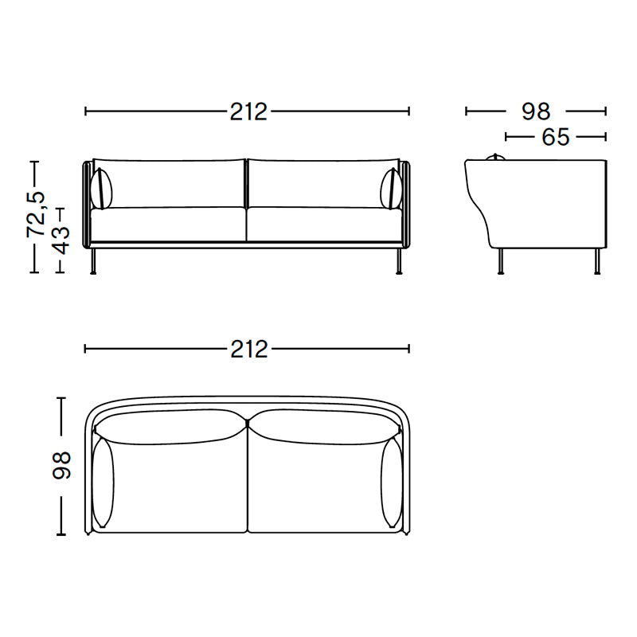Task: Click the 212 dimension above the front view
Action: pos(248,112)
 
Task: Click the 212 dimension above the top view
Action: pos(248,349)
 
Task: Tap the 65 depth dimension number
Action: pos(555,137)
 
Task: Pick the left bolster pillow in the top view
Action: pos(104,481)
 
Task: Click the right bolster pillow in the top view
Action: pos(390,481)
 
